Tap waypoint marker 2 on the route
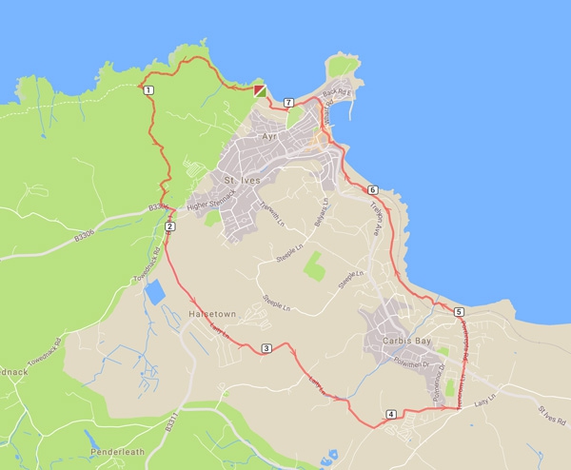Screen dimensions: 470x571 (x=169, y=226)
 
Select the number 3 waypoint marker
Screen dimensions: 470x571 (x=266, y=348)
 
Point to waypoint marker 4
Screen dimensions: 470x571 (x=391, y=415)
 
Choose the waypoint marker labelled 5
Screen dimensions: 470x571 (x=459, y=312)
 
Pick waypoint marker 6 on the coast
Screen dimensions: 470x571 (x=372, y=189)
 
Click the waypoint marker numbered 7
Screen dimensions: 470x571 (x=287, y=101)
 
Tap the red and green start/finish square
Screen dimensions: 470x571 (x=260, y=90)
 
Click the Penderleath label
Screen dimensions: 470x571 (x=116, y=448)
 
